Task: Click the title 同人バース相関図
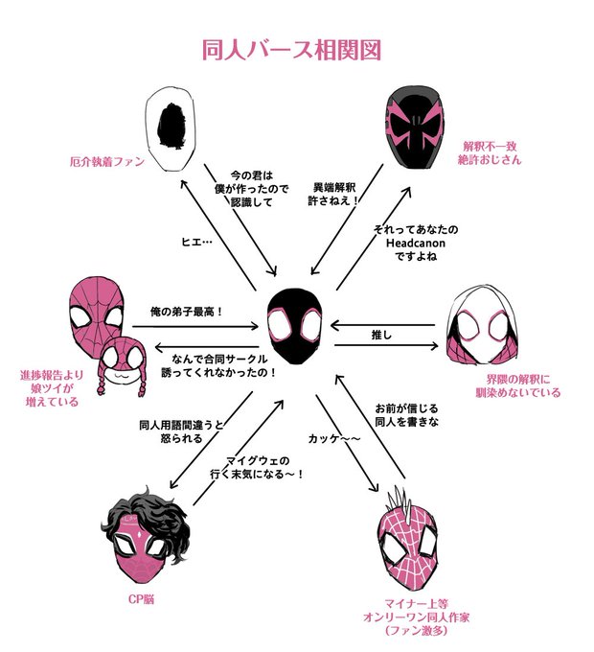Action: [x=297, y=50]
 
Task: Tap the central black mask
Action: [x=297, y=324]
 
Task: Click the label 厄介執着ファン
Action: [x=106, y=162]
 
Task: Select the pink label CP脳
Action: [x=142, y=600]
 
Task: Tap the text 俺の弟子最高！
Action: [x=187, y=312]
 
